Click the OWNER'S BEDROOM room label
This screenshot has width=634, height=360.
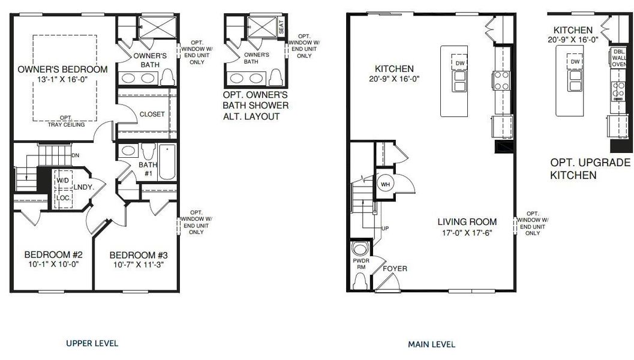(x=63, y=69)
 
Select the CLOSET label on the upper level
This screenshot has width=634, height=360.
(x=152, y=114)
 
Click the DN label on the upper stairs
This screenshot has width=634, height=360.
(x=75, y=155)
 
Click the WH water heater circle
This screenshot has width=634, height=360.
(x=384, y=184)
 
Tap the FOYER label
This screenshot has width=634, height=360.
(x=394, y=268)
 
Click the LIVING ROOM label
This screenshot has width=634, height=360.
(x=467, y=222)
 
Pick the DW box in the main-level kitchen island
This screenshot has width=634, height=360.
(x=460, y=63)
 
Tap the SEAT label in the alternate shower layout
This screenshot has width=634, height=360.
(x=281, y=27)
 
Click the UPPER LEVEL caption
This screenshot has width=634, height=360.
(x=92, y=343)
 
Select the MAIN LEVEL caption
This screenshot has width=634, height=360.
(x=431, y=344)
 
